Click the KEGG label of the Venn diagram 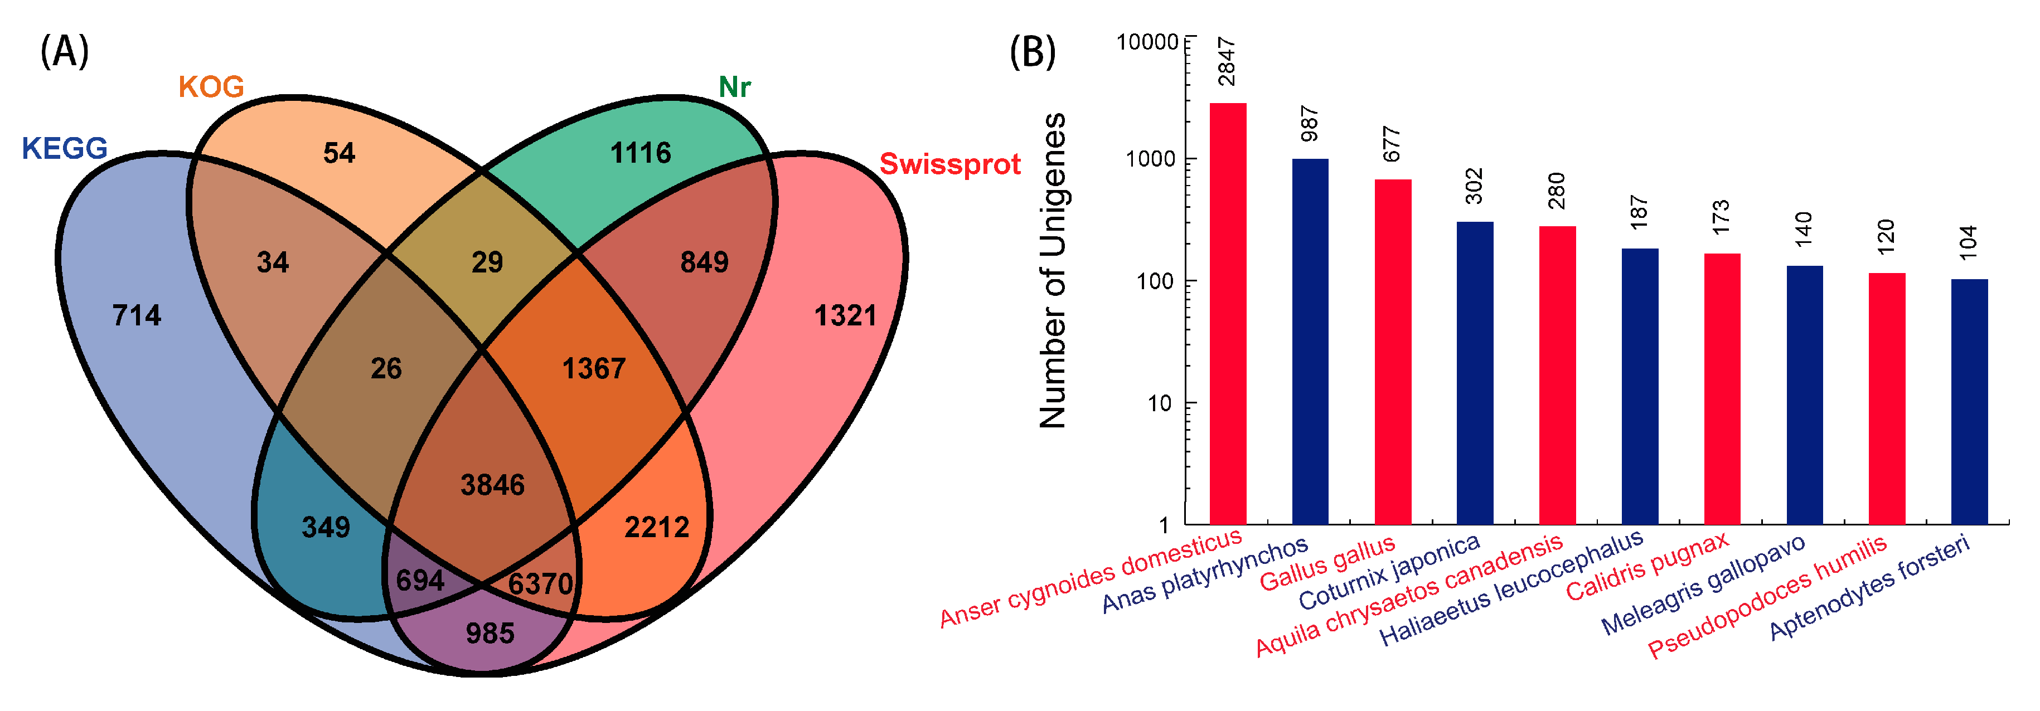click(64, 148)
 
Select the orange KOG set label click(211, 86)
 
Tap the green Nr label click(734, 87)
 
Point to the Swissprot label click(949, 164)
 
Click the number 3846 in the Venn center click(493, 485)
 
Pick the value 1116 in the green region click(640, 153)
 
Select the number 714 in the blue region click(136, 316)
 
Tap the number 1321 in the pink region click(845, 316)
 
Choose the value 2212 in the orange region click(657, 527)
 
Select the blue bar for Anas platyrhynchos click(1310, 341)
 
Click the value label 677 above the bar click(1392, 144)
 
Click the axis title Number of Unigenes click(1053, 270)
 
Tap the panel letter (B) click(1032, 52)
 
